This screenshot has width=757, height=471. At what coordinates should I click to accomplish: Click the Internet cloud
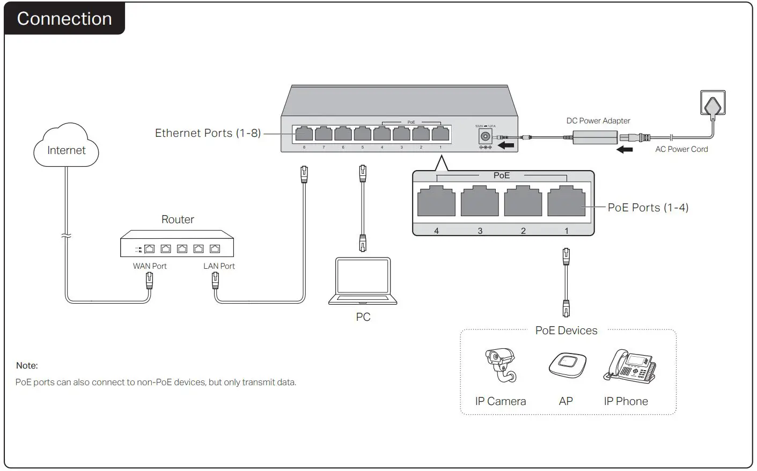67,148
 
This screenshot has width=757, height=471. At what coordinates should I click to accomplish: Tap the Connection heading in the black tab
64,19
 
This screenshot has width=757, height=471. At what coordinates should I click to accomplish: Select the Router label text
178,219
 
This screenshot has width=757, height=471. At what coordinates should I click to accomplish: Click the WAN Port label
150,266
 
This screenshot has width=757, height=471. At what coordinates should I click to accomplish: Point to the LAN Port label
219,266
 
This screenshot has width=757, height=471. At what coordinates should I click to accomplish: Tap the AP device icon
567,365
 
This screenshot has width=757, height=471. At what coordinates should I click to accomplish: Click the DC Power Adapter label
598,121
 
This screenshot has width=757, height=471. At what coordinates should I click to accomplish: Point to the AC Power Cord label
681,150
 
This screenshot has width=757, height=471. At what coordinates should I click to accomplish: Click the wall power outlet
713,103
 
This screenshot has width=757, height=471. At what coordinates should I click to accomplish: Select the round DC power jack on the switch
485,136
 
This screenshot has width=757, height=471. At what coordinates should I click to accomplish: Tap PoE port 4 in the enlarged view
436,202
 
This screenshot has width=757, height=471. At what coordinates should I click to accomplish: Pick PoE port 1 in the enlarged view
566,202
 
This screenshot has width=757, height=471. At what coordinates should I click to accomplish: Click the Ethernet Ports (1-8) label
208,133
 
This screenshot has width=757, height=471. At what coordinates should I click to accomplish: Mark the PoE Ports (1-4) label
648,208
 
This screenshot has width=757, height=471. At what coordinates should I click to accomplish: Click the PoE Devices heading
566,330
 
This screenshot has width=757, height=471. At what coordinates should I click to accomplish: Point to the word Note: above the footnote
27,366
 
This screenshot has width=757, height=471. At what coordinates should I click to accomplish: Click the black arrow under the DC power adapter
624,150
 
